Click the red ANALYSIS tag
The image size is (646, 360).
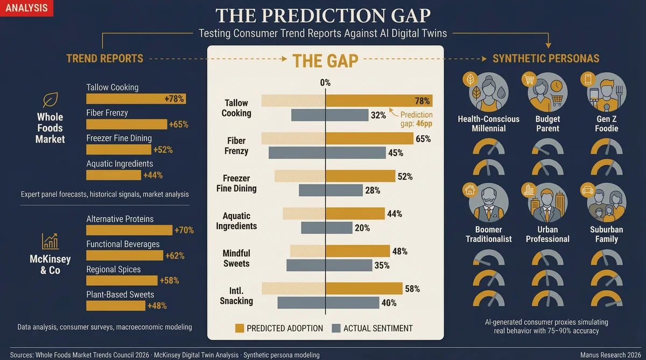tap(26, 8)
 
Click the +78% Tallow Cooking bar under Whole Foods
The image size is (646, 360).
tap(136, 98)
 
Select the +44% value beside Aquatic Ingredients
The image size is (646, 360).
tap(152, 175)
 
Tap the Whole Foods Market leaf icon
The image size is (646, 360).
tap(50, 100)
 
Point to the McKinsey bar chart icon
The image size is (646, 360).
tap(50, 241)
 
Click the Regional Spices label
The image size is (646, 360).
tap(113, 269)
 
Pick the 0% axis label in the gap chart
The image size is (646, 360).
tap(325, 83)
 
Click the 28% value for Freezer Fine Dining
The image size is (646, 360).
tap(373, 190)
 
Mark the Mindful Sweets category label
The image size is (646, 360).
tap(236, 258)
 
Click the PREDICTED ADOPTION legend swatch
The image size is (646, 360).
tap(240, 328)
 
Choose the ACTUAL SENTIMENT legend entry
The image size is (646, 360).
tap(371, 328)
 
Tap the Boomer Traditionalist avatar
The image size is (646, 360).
tap(489, 203)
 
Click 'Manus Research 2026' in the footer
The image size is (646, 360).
tap(610, 355)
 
